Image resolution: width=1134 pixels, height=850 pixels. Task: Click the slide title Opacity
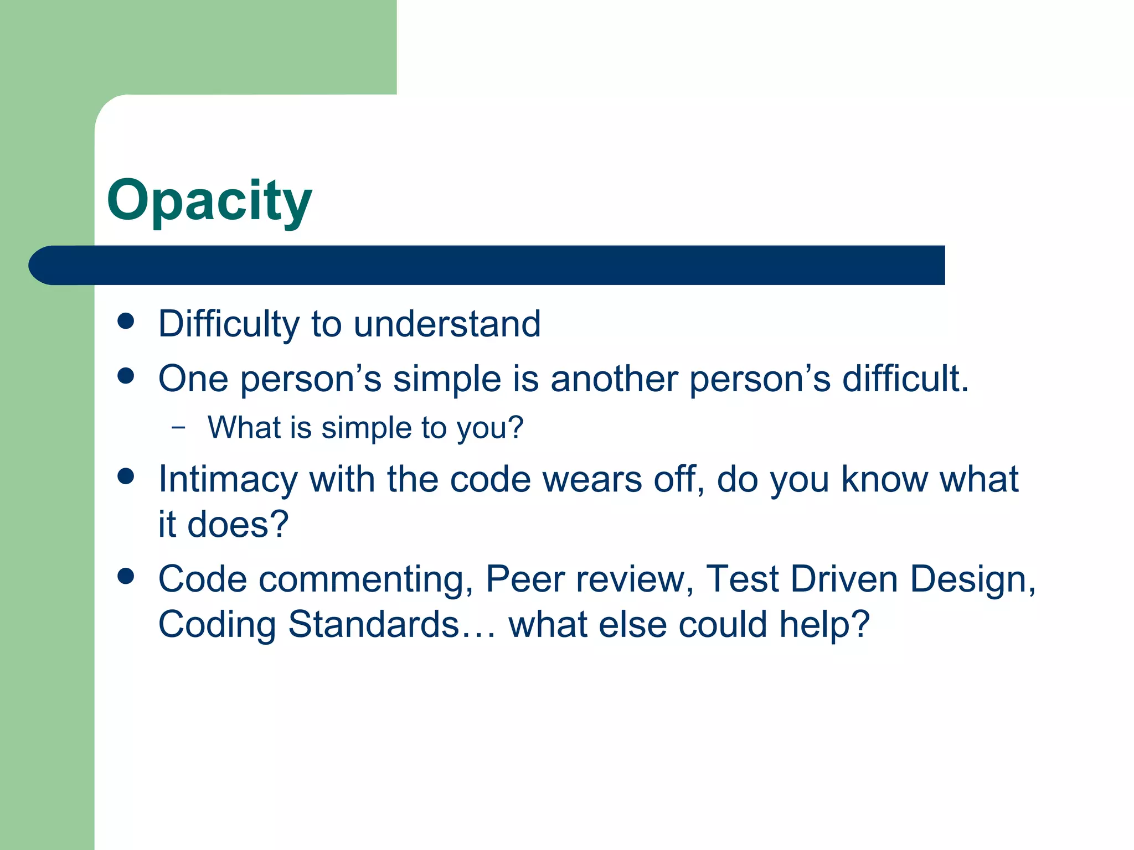[209, 201]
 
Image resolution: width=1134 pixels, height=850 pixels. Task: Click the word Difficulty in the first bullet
[229, 324]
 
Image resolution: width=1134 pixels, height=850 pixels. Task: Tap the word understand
[447, 324]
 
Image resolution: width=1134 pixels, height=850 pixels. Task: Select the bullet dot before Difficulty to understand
[126, 322]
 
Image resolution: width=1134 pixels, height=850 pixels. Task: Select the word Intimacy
[228, 479]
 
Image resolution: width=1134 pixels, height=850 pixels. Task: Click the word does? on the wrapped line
[238, 525]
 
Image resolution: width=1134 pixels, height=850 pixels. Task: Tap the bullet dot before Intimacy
[126, 476]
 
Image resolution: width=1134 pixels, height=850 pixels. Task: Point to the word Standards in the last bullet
[374, 625]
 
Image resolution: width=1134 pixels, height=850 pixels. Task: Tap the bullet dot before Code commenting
[126, 577]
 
